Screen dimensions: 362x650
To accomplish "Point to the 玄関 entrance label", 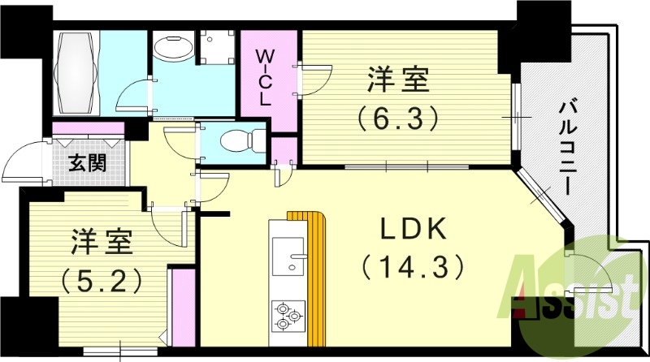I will pos(87,162).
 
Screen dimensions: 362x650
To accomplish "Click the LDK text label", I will pos(413,231).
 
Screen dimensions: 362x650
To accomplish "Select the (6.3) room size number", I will pos(399,119).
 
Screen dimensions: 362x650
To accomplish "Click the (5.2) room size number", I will pos(102,279).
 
